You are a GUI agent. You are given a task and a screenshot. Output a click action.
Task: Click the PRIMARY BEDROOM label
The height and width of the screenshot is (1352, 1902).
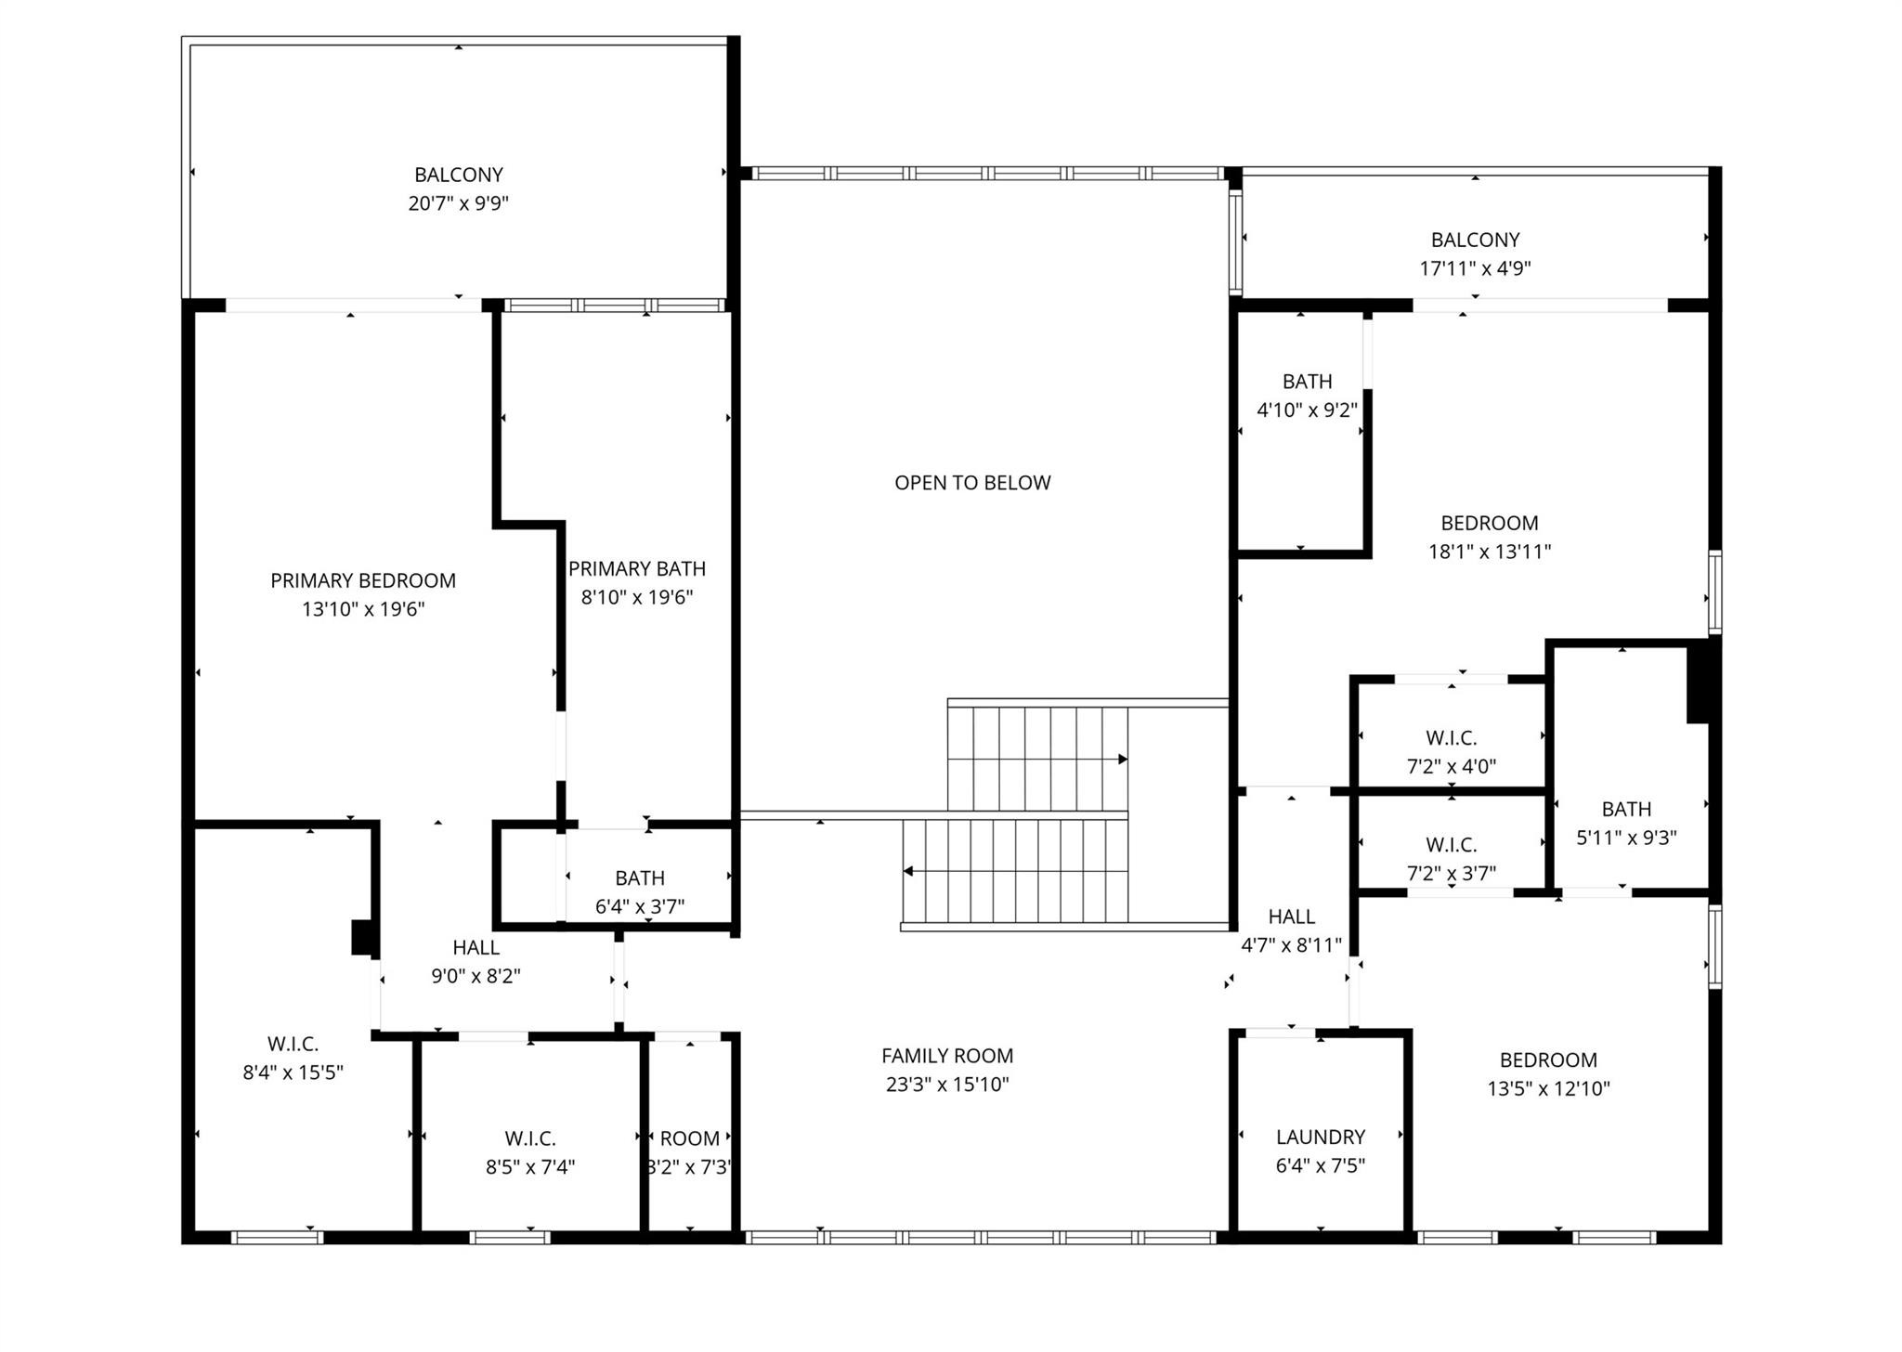point(363,580)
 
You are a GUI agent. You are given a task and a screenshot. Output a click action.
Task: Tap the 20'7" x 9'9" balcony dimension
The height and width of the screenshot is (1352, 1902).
point(459,203)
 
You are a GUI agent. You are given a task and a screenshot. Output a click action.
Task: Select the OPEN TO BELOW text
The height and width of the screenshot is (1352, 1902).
point(972,483)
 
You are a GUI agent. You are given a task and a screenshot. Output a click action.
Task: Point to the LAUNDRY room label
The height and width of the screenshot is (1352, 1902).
point(1320,1137)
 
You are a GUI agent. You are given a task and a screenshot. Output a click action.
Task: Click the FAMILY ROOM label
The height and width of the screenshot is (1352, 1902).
point(947,1056)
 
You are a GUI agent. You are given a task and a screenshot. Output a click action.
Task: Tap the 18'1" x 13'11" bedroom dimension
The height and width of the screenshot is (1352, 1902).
point(1490,552)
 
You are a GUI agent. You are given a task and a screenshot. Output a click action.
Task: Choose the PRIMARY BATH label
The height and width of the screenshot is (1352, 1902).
point(637,568)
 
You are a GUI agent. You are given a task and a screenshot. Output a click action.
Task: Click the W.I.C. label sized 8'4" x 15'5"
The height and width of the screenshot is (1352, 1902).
point(293,1044)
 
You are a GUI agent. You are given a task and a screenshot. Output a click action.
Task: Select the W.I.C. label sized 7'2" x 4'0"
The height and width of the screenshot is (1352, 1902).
point(1452,738)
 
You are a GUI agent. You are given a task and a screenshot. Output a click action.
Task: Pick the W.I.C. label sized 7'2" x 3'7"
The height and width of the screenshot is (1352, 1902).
point(1452,845)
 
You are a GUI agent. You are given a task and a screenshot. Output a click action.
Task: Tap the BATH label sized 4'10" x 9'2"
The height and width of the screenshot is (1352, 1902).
point(1308,382)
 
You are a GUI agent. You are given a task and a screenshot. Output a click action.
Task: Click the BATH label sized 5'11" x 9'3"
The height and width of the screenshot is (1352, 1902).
point(1626,809)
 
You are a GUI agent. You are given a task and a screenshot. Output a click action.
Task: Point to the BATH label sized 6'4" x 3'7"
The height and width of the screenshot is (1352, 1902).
point(640,877)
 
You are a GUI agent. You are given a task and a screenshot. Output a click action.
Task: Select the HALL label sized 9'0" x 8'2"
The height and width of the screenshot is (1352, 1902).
point(476,947)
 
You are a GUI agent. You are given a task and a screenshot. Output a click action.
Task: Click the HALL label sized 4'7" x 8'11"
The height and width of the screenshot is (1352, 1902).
point(1291,916)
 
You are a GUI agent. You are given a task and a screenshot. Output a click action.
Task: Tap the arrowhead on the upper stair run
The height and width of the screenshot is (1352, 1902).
point(1123,760)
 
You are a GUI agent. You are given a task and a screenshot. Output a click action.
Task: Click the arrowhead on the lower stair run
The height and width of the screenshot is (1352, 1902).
point(908,871)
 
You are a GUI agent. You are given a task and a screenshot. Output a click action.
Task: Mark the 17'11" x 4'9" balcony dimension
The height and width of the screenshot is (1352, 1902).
point(1475,268)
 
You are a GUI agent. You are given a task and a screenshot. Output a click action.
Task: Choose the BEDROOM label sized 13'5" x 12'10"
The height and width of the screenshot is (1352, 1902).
point(1548,1059)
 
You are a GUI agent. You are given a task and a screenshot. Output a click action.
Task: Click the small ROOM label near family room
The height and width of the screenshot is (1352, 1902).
point(690,1138)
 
